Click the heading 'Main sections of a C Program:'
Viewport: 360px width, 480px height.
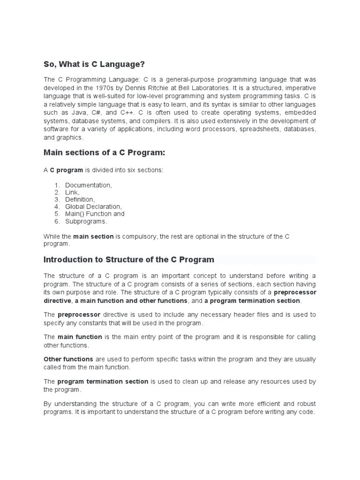point(104,153)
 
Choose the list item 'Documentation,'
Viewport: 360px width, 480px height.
point(89,185)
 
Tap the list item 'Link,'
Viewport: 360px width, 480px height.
point(72,192)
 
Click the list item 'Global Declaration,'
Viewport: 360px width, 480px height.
point(93,206)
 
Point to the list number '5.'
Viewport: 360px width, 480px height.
point(57,214)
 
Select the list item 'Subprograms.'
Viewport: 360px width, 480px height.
point(86,221)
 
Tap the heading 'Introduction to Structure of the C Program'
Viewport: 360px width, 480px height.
point(129,259)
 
